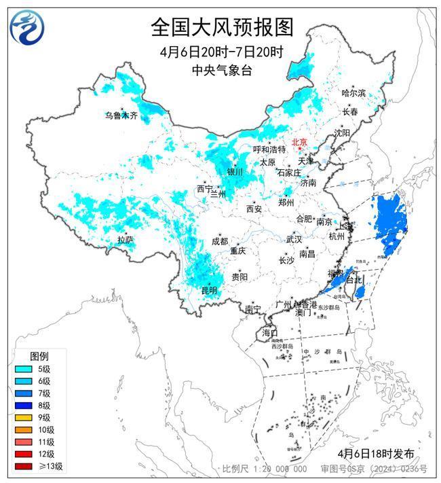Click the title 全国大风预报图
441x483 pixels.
(221, 27)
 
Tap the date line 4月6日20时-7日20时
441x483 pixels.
(221, 53)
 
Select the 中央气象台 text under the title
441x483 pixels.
(221, 70)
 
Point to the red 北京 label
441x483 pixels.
(299, 142)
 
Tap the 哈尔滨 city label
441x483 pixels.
(353, 92)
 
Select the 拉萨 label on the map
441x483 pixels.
(125, 240)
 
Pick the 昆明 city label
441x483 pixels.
(209, 290)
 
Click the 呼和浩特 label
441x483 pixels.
(269, 149)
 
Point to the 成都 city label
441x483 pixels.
(220, 241)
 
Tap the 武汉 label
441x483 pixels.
(294, 240)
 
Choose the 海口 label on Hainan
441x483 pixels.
(269, 333)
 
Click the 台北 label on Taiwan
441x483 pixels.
(354, 279)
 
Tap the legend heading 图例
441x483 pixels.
(39, 357)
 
